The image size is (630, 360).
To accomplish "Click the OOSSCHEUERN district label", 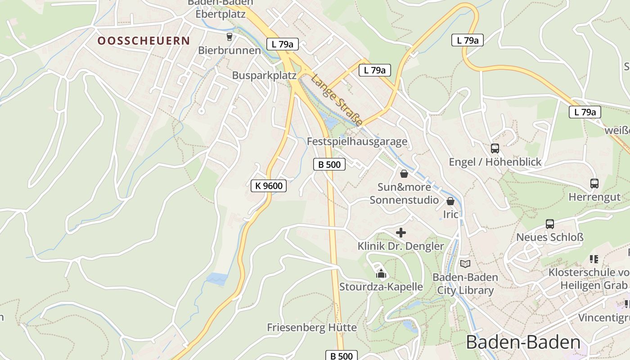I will tap(144, 41).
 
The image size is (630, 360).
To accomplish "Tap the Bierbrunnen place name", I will tap(229, 50).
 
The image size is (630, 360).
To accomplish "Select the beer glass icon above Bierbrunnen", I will tap(229, 36).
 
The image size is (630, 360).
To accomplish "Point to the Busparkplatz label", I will tap(264, 75).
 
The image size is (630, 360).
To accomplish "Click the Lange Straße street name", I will tap(337, 100).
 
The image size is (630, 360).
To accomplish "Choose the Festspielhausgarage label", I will tap(357, 141).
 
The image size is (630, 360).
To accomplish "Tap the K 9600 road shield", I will tap(269, 185).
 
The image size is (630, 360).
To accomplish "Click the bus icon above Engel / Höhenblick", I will tap(495, 148).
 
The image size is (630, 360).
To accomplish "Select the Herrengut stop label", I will tap(594, 197).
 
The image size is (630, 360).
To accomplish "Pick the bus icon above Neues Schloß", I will tap(549, 224).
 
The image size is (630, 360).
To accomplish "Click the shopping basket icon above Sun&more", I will tap(404, 174).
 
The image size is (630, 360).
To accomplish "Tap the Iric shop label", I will tap(450, 214).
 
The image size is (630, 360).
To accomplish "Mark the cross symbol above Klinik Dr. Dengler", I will tap(400, 233).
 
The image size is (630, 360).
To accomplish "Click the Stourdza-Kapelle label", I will tap(381, 287).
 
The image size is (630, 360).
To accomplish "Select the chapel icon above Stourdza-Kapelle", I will tap(381, 273).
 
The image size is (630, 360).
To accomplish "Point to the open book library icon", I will tap(465, 264).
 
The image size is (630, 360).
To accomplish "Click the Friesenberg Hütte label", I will tap(312, 327).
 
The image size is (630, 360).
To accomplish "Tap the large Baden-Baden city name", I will tap(523, 342).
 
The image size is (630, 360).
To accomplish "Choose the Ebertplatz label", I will tap(220, 14).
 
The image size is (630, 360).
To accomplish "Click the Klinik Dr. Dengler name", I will tap(400, 246).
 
